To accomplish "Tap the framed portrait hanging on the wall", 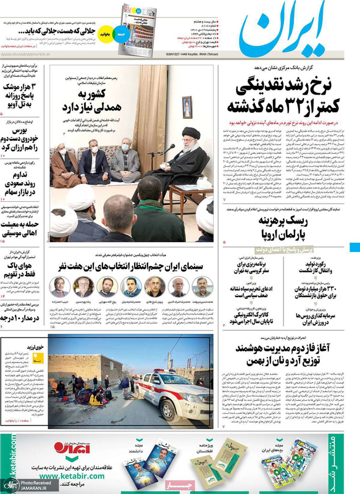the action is (x=187, y=107).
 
